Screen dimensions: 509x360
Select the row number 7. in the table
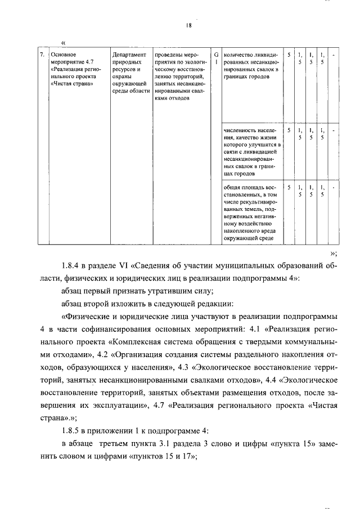tap(42, 55)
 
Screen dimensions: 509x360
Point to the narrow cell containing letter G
tap(216, 55)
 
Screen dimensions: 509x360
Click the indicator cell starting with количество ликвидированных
tap(251, 66)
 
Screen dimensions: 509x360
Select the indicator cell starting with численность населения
tap(251, 151)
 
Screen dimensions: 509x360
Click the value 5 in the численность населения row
tap(289, 130)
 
